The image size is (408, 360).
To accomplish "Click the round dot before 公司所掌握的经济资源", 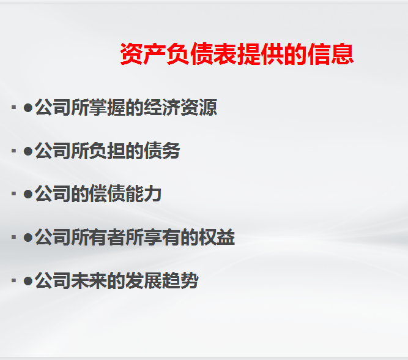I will (28, 108).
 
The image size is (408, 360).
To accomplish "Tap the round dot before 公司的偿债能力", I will (28, 194).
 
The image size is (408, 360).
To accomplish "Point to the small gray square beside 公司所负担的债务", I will (13, 151).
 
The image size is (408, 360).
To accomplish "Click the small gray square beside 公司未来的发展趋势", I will (13, 281).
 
